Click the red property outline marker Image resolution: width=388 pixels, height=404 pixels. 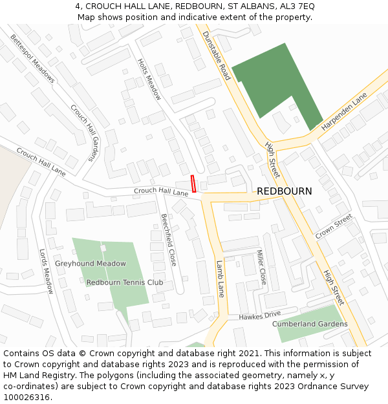tap(193, 184)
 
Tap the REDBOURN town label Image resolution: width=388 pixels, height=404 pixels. tap(284, 191)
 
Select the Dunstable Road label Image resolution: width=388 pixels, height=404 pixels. tap(217, 56)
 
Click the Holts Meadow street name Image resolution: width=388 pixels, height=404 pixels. tap(149, 80)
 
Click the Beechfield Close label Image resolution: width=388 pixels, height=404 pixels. tap(168, 240)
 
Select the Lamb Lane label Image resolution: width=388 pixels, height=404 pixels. tap(220, 279)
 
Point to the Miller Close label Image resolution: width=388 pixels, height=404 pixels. tap(261, 267)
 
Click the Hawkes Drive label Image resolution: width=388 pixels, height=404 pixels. tap(260, 316)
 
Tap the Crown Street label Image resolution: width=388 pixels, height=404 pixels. tap(334, 227)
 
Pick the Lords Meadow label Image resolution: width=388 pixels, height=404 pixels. tap(45, 271)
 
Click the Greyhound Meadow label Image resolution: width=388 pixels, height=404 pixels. tap(91, 264)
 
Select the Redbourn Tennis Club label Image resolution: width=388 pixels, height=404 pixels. tap(125, 282)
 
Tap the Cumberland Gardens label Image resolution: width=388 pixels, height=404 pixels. tap(310, 324)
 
